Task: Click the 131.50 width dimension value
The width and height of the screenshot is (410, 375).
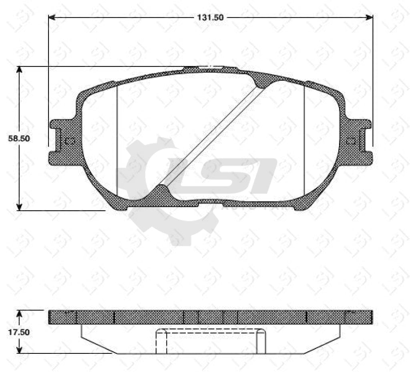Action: click(209, 17)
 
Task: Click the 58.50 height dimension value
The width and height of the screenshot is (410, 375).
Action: click(20, 138)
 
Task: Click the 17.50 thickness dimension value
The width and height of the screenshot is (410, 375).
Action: click(20, 332)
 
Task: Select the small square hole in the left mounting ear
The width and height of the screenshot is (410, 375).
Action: click(70, 141)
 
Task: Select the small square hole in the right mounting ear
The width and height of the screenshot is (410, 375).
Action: click(351, 141)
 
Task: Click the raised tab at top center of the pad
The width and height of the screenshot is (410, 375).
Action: click(210, 69)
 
